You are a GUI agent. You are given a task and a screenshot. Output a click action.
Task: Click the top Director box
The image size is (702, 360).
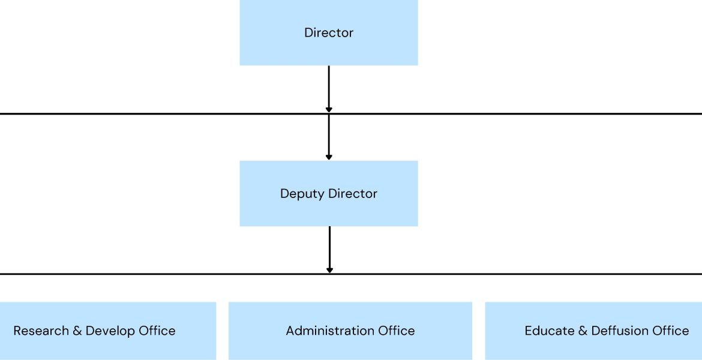(329, 32)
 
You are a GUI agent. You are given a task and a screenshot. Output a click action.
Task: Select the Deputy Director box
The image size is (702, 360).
(329, 193)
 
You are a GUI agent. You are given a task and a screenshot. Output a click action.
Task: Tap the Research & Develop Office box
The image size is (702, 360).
(108, 331)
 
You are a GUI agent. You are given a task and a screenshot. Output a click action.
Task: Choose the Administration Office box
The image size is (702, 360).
(350, 331)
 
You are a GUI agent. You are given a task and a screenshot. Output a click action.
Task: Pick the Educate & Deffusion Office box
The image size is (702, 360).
(593, 331)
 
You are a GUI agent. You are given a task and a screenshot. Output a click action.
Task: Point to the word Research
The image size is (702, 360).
(41, 331)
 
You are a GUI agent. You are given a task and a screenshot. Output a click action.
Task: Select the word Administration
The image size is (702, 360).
(331, 331)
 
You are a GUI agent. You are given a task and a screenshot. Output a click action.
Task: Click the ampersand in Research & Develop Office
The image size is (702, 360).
(77, 331)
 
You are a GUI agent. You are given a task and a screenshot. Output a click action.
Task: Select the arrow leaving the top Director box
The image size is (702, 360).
(329, 89)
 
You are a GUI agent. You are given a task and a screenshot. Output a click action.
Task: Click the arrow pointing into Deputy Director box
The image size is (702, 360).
(329, 137)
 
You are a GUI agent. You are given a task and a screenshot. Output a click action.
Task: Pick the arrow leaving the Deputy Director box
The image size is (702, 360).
(329, 250)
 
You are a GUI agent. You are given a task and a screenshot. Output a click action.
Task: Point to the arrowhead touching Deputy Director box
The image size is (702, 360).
(329, 157)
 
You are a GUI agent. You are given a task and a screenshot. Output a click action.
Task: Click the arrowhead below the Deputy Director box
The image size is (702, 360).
(329, 270)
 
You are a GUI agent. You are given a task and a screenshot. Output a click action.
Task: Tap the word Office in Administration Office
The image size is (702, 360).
(397, 331)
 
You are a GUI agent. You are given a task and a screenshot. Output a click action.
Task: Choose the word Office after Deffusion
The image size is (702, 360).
(671, 331)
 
